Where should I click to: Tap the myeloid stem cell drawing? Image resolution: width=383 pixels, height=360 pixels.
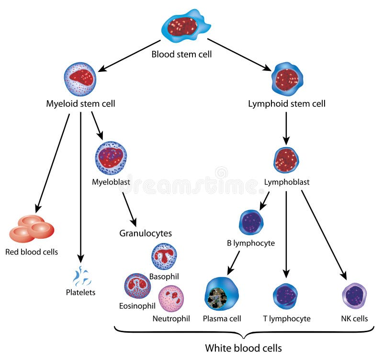[x=80, y=79]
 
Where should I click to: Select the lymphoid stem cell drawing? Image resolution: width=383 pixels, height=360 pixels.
[x=287, y=78]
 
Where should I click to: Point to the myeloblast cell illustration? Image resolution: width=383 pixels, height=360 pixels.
[x=111, y=158]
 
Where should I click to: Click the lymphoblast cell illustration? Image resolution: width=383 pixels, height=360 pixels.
[x=286, y=160]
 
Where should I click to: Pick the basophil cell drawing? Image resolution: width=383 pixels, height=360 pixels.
[x=164, y=256]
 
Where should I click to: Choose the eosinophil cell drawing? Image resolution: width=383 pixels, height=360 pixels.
[x=138, y=286]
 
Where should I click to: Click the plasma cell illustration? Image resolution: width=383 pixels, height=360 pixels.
[x=222, y=294]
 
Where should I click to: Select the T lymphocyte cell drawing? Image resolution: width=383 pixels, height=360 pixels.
[x=285, y=296]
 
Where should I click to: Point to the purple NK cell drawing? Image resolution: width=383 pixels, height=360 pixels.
[x=354, y=296]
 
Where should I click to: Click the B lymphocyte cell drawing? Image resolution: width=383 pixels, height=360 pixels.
[x=251, y=222]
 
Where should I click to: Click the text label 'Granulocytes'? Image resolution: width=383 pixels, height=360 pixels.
[x=146, y=233]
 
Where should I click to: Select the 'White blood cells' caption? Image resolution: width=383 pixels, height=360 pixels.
[x=243, y=348]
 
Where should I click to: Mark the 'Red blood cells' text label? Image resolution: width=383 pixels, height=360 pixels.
[x=32, y=252]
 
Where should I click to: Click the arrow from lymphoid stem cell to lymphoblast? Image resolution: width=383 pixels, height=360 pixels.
[x=286, y=128]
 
